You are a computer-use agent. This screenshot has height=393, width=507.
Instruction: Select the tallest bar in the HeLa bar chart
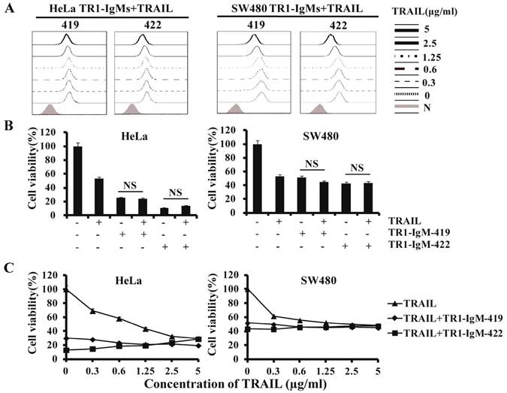pyautogui.click(x=77, y=180)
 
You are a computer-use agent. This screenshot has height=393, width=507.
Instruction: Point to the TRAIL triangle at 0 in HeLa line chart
pyautogui.click(x=66, y=289)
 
